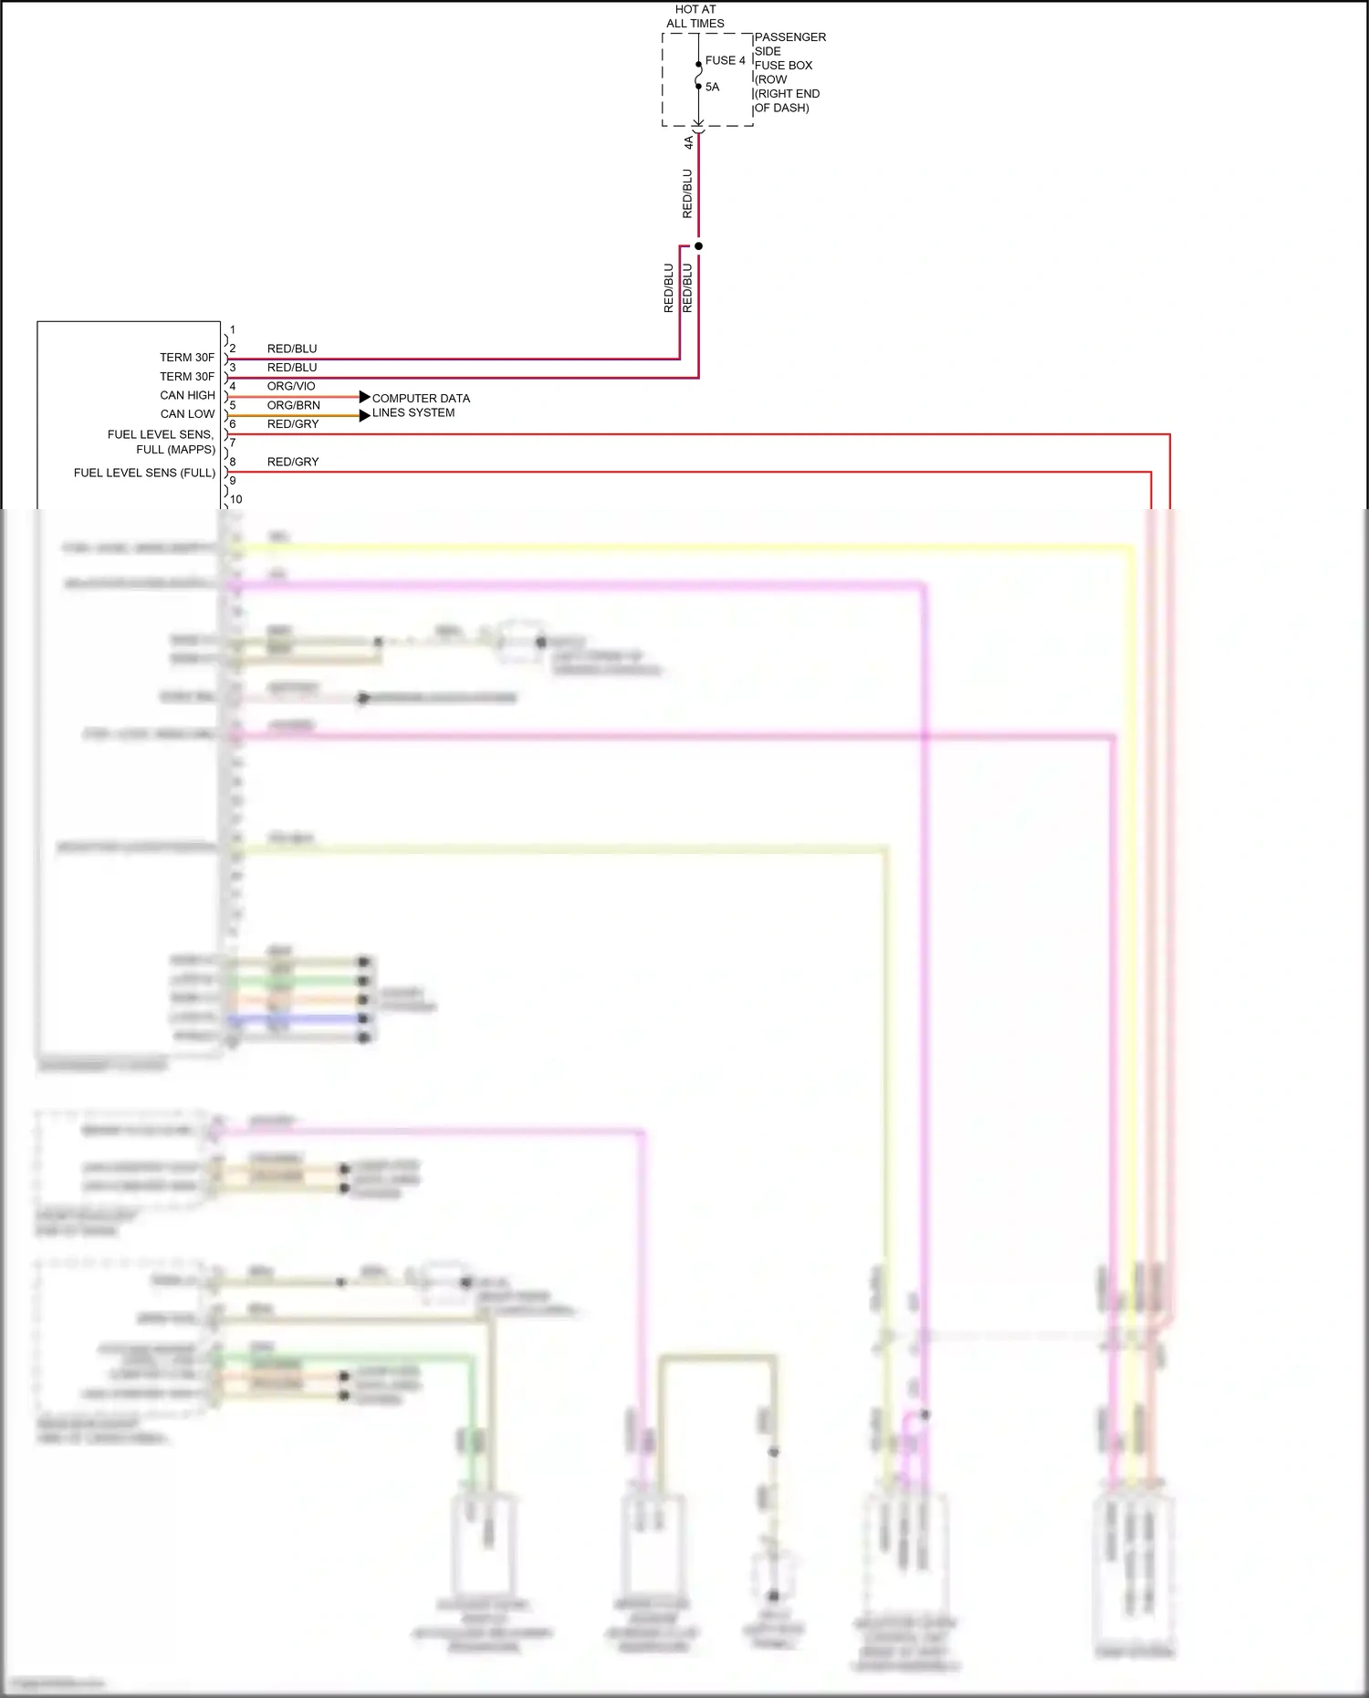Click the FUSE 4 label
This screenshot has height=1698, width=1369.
click(x=725, y=60)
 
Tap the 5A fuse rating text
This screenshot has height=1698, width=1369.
click(x=712, y=88)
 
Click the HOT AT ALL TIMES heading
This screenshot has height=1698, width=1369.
click(x=695, y=16)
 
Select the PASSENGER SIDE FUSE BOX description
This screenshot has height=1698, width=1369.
click(x=789, y=72)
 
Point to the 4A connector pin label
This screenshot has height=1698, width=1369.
click(x=689, y=143)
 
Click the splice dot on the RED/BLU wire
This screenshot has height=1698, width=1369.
click(x=698, y=245)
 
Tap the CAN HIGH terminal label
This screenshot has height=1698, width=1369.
click(x=187, y=395)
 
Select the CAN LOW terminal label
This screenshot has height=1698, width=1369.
click(x=187, y=414)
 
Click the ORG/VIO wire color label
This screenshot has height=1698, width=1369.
click(x=291, y=387)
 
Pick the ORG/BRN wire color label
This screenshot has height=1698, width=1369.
click(x=293, y=405)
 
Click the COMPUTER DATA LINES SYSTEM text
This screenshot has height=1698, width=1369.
click(x=420, y=405)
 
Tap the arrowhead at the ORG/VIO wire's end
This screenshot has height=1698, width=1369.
click(x=364, y=397)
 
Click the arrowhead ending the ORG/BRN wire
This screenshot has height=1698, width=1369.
click(x=364, y=416)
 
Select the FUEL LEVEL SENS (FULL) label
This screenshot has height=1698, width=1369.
click(x=144, y=473)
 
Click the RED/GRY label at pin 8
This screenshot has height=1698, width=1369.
click(x=293, y=462)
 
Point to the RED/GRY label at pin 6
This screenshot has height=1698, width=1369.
click(x=293, y=424)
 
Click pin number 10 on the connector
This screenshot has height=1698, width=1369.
click(x=236, y=500)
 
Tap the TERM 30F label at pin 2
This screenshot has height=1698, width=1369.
click(x=187, y=358)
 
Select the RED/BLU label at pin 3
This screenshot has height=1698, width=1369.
click(x=292, y=368)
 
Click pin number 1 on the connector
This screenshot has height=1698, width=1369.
click(x=233, y=330)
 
